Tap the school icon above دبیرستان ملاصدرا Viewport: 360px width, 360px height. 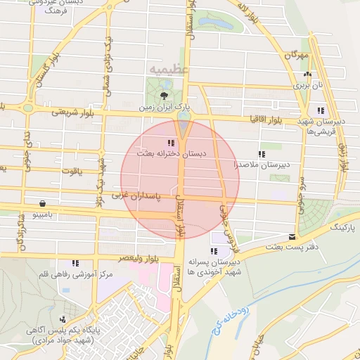[262, 154]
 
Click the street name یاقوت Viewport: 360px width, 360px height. [71, 170]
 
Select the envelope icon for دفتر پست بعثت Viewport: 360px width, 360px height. [292, 236]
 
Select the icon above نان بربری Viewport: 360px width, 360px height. [307, 74]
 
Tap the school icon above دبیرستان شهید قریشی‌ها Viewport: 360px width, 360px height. [321, 110]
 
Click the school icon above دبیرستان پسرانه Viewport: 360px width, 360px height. [214, 251]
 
